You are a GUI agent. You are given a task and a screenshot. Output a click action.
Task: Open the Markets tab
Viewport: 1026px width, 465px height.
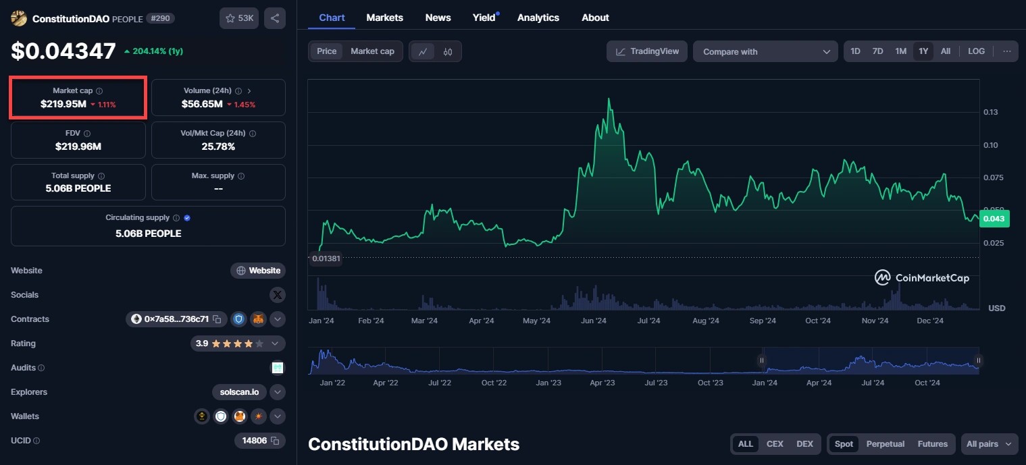[x=384, y=18]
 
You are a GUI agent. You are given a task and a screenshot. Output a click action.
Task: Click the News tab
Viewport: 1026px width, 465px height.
[x=438, y=18]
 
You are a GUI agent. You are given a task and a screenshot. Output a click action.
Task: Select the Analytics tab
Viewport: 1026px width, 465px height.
[x=538, y=18]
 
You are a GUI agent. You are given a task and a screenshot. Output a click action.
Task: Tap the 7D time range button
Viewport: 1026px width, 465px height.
[x=877, y=51]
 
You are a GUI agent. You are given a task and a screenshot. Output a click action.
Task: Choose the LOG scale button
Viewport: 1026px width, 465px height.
[x=976, y=51]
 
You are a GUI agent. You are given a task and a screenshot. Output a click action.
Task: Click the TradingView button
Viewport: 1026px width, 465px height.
[x=647, y=51]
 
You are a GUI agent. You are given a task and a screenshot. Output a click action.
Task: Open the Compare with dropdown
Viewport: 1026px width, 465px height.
[x=765, y=52]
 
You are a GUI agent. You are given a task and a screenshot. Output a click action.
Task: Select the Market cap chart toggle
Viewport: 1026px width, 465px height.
[x=372, y=51]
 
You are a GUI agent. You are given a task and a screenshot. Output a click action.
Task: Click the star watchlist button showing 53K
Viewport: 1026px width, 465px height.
[x=239, y=18]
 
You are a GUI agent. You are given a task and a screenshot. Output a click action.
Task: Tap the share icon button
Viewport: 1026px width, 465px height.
[x=274, y=18]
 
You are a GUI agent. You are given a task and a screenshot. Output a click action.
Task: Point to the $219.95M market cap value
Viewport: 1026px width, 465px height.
[x=63, y=104]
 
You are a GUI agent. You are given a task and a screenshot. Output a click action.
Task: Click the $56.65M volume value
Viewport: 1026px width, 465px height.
[x=202, y=104]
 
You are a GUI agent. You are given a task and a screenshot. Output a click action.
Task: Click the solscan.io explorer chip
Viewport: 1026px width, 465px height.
[x=239, y=392]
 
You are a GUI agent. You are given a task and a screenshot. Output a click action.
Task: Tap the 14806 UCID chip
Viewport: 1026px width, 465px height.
[x=259, y=441]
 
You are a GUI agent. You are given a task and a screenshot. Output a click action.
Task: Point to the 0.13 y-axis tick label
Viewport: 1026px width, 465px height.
[x=991, y=112]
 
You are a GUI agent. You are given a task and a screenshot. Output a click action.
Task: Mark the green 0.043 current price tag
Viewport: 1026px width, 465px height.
[x=993, y=219]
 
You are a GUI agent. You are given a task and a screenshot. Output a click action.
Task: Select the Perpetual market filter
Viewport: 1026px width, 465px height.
[x=885, y=444]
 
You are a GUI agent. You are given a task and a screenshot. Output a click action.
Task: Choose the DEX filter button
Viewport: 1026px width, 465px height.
[x=804, y=444]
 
